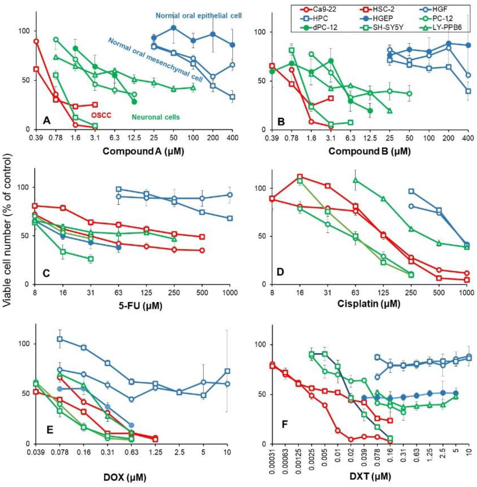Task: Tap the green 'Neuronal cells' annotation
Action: click(x=156, y=117)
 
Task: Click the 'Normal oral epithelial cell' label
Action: click(x=199, y=16)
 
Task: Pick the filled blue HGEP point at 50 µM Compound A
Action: click(x=173, y=28)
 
